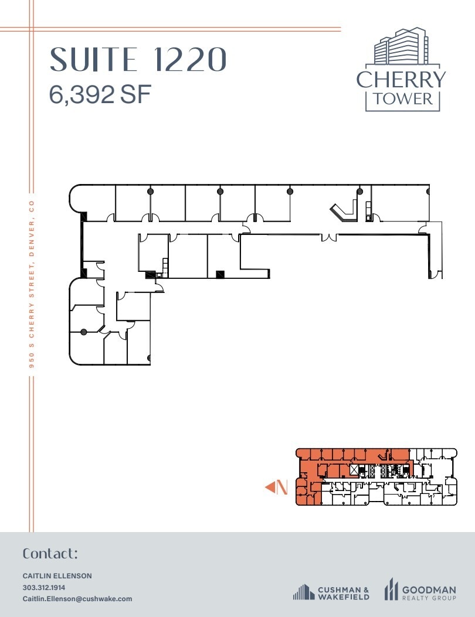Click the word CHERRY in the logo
(401, 79)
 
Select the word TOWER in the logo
(402, 98)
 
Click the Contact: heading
(50, 554)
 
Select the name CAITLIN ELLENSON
(57, 576)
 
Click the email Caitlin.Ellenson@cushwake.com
(77, 599)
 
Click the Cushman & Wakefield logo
(331, 592)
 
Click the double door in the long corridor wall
(328, 237)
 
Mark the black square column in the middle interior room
(220, 274)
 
